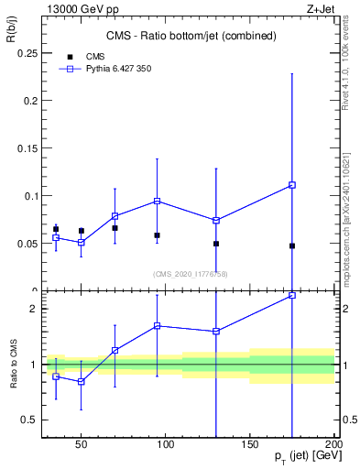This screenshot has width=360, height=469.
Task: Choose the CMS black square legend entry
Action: pyautogui.click(x=69, y=56)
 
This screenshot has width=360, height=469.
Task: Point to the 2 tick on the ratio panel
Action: pyautogui.click(x=34, y=309)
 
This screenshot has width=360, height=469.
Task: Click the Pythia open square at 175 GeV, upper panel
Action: pyautogui.click(x=292, y=185)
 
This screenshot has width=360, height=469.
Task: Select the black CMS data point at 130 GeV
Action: pyautogui.click(x=216, y=244)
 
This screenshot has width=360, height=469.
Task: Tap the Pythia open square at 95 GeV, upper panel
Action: pyautogui.click(x=158, y=201)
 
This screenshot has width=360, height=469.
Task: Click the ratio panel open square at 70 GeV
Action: pyautogui.click(x=115, y=350)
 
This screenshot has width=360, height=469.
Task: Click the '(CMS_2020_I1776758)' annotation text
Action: pyautogui.click(x=190, y=274)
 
